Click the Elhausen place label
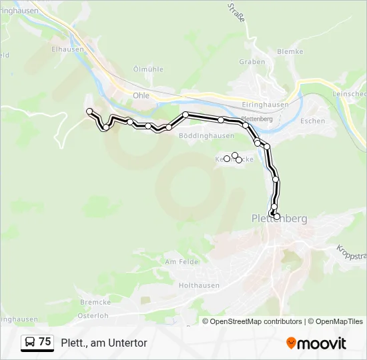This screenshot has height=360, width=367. tap(67, 49)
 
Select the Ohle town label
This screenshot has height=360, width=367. tap(141, 95)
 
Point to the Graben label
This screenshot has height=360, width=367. tap(252, 62)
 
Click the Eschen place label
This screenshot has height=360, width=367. tap(312, 121)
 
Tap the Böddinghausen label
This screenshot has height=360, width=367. tap(206, 135)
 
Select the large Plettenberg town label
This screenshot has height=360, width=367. tap(279, 219)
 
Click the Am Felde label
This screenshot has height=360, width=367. tap(181, 262)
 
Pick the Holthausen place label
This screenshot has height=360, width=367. tap(199, 285)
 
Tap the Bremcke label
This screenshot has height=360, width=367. tap(90, 303)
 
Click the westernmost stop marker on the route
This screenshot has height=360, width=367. tap(89, 111)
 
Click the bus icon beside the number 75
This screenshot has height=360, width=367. tap(29, 342)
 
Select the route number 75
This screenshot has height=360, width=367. tap(45, 342)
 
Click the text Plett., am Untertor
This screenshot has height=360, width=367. tap(103, 343)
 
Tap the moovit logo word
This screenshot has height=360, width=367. tap(322, 343)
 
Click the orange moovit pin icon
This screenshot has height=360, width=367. tap(291, 343)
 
